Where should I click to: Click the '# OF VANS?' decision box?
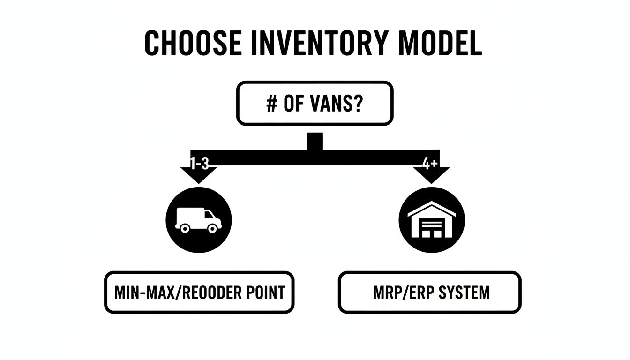click(315, 104)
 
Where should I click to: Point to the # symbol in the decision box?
click(271, 104)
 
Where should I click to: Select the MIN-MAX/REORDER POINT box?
click(199, 292)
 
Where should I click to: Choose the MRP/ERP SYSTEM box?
click(429, 292)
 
